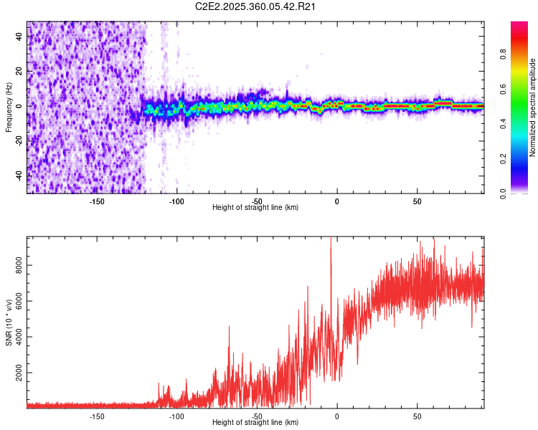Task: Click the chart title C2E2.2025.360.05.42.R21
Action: point(256,6)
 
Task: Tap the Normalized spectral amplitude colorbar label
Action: point(533,107)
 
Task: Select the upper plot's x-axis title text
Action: point(255,207)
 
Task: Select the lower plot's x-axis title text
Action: point(255,422)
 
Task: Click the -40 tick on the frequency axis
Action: point(20,176)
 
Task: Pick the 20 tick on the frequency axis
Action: point(20,71)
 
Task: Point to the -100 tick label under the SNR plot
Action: point(176,416)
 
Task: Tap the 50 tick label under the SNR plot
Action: point(417,416)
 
